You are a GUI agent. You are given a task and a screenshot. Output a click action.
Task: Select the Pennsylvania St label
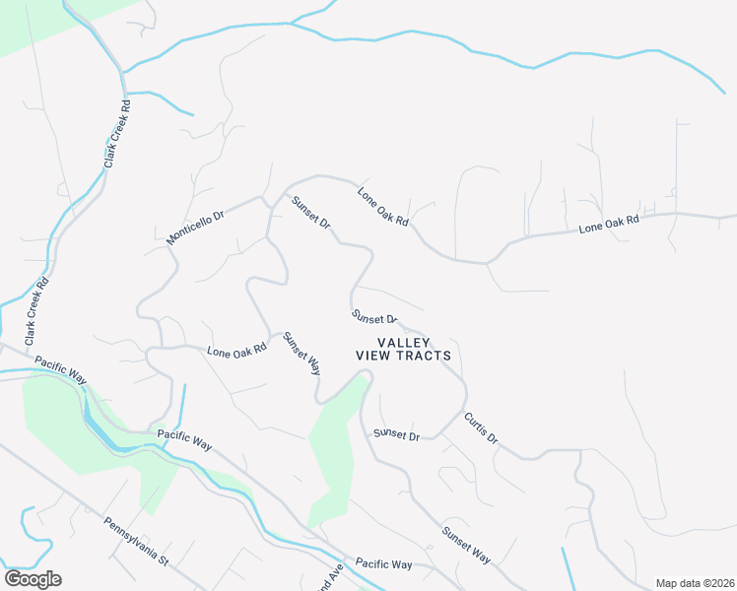[137, 543]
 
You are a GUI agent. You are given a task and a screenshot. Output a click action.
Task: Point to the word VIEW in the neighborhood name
[373, 356]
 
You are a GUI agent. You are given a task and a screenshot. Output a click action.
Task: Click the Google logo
[33, 579]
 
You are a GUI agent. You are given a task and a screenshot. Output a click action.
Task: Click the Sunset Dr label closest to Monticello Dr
[310, 213]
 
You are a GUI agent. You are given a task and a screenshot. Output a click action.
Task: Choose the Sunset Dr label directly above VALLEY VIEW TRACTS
[374, 317]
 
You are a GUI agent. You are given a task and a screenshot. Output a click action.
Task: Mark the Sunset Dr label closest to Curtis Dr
[396, 434]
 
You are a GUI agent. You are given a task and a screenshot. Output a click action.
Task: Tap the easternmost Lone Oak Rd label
[609, 225]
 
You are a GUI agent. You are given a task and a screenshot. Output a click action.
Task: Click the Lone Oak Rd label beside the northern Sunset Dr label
[382, 207]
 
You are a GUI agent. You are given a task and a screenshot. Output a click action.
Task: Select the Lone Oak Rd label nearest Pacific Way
[236, 350]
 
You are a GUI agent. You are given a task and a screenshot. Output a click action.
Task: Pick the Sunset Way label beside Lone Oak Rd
[301, 354]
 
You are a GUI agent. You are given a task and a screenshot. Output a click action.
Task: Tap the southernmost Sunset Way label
[466, 546]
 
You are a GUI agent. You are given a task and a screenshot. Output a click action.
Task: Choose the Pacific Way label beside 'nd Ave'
[383, 563]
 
